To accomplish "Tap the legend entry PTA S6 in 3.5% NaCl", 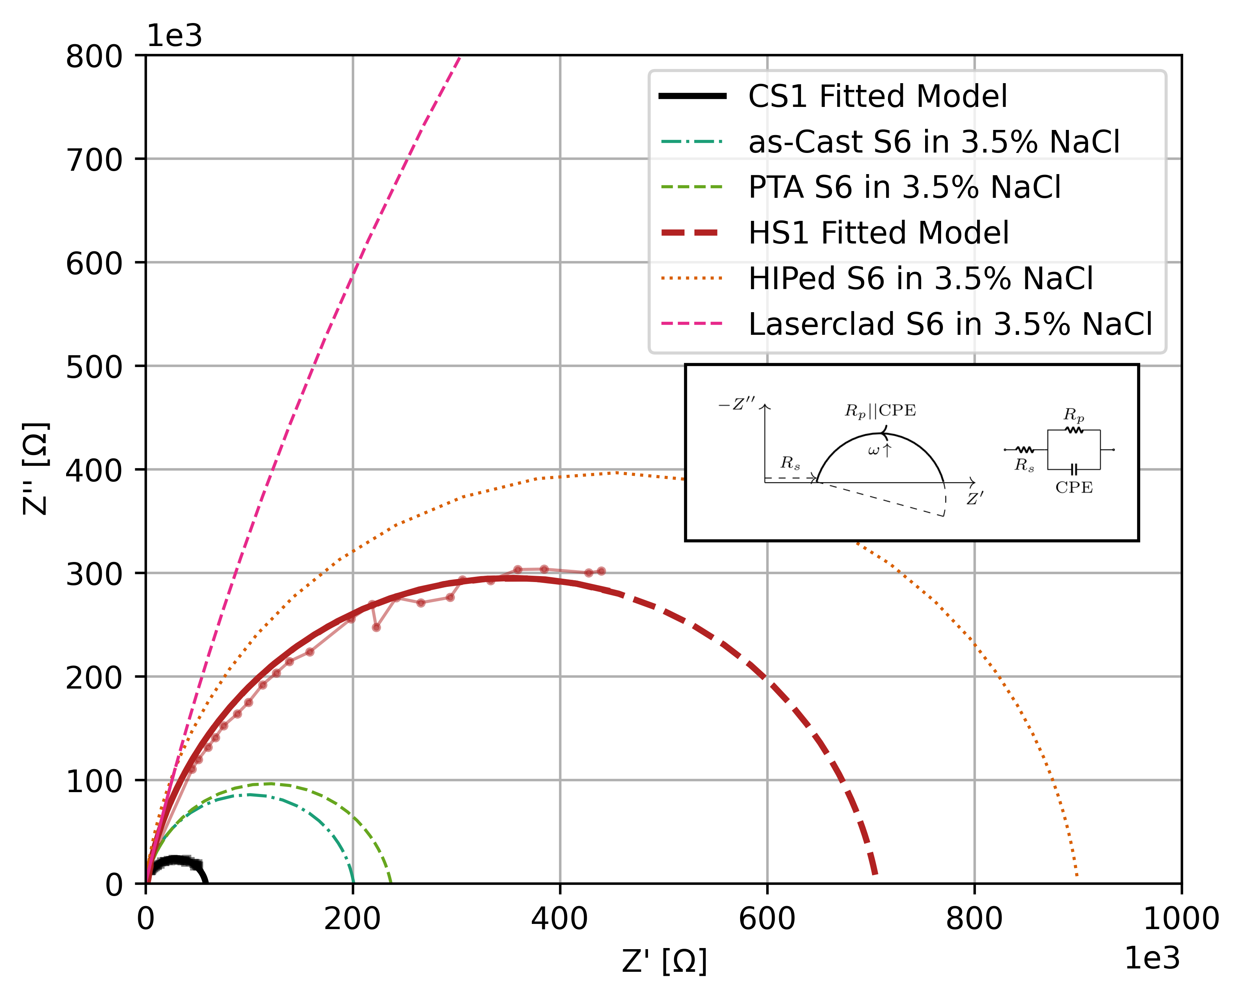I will (x=904, y=187).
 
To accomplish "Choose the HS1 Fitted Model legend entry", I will (x=878, y=233).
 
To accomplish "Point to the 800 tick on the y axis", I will (x=94, y=57).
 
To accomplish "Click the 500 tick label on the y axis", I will (x=94, y=367).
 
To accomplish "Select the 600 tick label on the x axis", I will (x=767, y=919).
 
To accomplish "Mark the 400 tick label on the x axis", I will (x=559, y=919).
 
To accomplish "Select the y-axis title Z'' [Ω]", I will (x=36, y=468).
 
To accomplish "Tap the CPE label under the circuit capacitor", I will (x=1074, y=488).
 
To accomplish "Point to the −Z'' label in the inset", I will (x=736, y=405).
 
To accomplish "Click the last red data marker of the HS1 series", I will (x=601, y=571).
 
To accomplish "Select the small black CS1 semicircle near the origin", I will (x=176, y=863).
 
